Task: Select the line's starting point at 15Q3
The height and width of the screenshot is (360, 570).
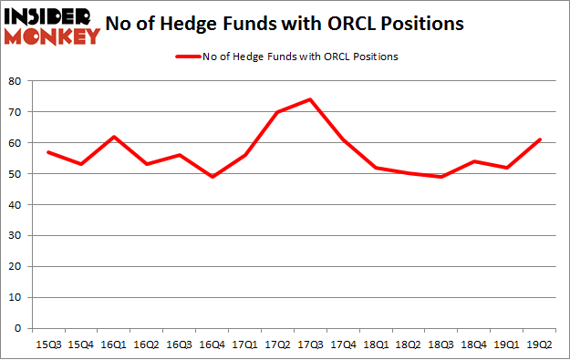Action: point(48,152)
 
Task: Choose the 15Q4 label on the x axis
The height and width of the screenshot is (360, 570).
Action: point(81,345)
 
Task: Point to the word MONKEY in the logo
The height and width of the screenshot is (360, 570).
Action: point(52,36)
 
